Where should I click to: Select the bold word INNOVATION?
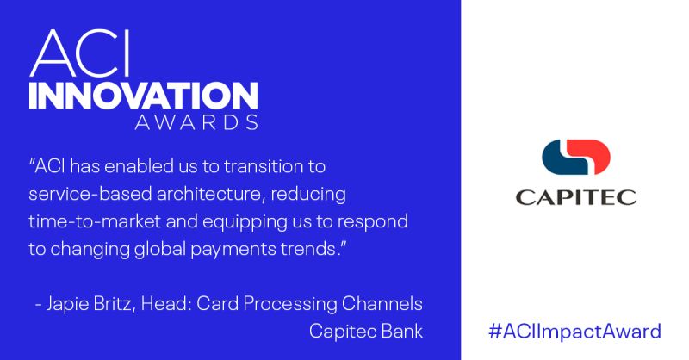[143, 96]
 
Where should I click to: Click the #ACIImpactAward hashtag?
[574, 331]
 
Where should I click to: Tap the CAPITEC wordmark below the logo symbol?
[575, 197]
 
